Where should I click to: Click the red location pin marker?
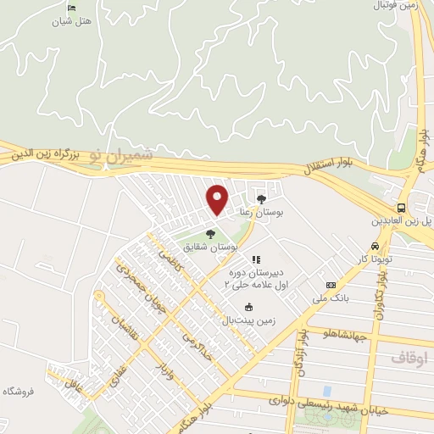(x=218, y=198)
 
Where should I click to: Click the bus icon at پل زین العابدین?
(x=401, y=207)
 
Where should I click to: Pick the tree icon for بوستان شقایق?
(x=210, y=235)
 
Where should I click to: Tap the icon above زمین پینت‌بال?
(x=248, y=308)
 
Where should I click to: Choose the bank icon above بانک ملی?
(x=331, y=285)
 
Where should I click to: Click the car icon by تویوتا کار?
(x=387, y=246)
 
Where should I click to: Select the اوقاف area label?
(x=413, y=359)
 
